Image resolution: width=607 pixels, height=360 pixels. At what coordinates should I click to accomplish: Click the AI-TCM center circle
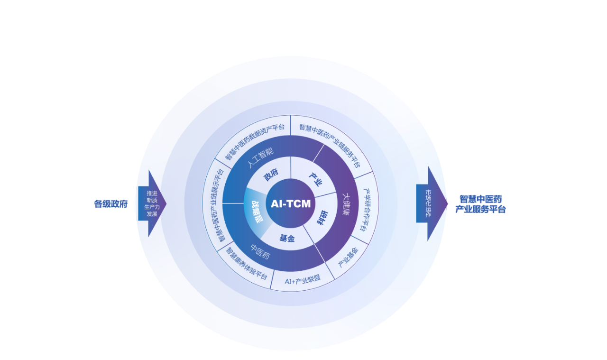(291, 204)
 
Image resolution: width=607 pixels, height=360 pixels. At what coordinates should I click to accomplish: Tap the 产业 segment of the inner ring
(315, 179)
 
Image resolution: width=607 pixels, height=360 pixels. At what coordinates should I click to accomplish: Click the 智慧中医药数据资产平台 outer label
(255, 141)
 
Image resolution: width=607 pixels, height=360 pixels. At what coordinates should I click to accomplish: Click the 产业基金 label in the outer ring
(348, 257)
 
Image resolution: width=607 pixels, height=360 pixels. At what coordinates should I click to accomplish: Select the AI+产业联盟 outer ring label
(303, 280)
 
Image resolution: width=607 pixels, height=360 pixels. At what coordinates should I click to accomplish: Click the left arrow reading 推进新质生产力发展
(152, 203)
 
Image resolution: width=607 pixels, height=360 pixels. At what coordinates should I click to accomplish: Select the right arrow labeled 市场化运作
(429, 203)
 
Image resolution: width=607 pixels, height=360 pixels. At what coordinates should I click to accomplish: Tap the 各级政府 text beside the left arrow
(111, 204)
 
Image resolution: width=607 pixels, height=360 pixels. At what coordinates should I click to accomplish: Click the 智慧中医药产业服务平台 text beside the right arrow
(480, 204)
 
